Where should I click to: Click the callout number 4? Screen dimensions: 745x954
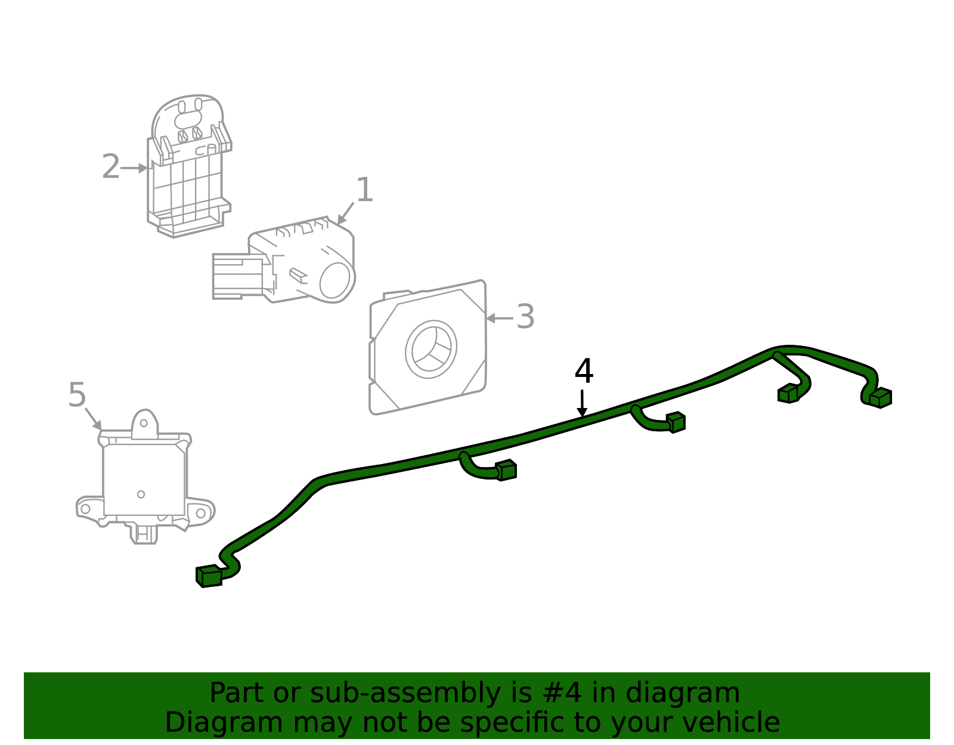(x=584, y=372)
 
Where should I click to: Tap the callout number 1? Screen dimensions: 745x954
(x=364, y=190)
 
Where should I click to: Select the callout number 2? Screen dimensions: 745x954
(x=110, y=166)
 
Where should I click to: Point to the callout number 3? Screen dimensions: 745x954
(x=525, y=317)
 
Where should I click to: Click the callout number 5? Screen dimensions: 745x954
(x=77, y=395)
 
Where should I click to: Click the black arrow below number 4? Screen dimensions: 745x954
(x=582, y=404)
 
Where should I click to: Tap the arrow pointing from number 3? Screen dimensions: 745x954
(x=499, y=319)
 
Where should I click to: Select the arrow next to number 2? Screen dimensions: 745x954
(x=134, y=168)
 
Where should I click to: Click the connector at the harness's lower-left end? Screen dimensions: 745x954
(x=209, y=576)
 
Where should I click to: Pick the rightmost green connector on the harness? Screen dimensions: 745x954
(x=880, y=398)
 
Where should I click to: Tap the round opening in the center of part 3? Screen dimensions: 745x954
(x=430, y=350)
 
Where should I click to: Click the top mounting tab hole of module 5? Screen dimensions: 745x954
(x=144, y=423)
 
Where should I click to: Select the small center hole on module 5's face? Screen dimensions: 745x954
(x=141, y=494)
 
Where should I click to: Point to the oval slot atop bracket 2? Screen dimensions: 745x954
(x=190, y=120)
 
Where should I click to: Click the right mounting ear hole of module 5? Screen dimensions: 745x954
(x=200, y=513)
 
